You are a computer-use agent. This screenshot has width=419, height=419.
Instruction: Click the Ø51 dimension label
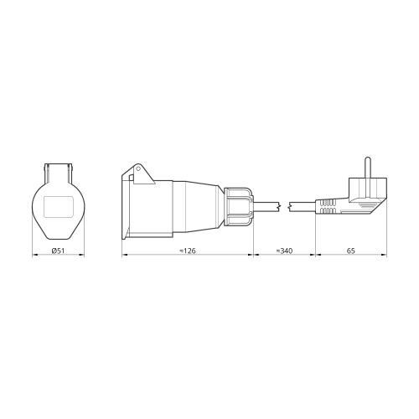tap(58, 251)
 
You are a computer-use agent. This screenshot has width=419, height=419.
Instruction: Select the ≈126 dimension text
tap(188, 251)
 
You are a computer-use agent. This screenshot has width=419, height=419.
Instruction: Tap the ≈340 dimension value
tap(284, 251)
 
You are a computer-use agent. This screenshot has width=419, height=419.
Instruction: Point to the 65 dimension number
tap(351, 251)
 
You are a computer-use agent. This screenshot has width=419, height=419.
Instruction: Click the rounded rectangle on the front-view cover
tap(59, 207)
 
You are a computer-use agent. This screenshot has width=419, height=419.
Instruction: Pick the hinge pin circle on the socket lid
tap(137, 168)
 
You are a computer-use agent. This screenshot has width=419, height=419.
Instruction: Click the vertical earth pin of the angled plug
tap(368, 168)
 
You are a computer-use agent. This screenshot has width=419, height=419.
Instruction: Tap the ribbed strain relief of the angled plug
tap(328, 207)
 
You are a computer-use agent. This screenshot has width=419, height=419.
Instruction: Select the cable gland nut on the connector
tap(239, 207)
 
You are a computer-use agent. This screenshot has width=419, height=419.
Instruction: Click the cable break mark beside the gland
tap(280, 207)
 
